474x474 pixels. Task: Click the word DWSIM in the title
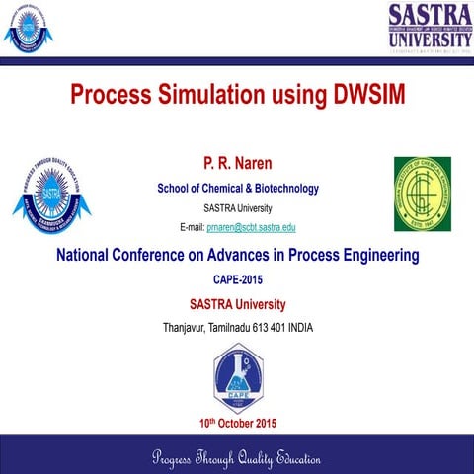362,95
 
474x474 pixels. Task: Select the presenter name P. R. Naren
237,161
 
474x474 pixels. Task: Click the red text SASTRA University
237,303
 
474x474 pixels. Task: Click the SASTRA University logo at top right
427,25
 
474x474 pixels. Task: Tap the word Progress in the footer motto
178,459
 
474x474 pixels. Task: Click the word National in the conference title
85,256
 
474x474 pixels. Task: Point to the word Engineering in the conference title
374,256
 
